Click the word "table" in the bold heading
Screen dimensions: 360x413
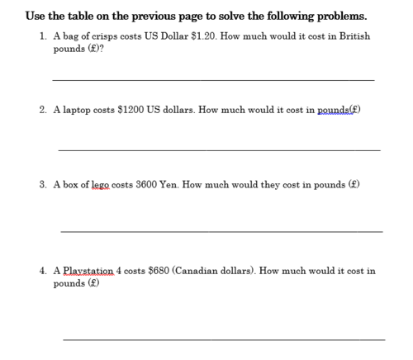[90, 16]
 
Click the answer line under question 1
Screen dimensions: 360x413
[213, 79]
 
